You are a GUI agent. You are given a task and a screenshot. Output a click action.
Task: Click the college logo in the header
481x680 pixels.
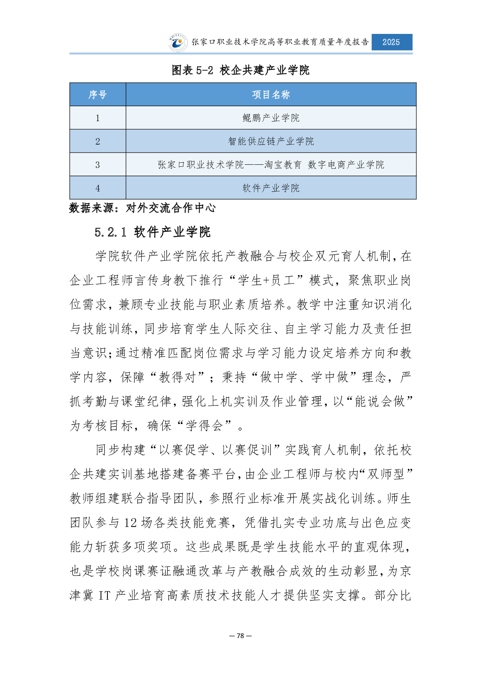click(178, 43)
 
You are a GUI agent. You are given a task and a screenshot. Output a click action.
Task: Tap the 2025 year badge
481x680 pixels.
click(391, 42)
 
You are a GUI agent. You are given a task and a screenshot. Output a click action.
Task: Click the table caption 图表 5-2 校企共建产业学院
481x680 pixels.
click(241, 70)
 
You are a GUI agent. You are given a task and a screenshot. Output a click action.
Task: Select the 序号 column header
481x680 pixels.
click(98, 94)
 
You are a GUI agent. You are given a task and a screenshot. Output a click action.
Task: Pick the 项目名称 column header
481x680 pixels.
click(271, 94)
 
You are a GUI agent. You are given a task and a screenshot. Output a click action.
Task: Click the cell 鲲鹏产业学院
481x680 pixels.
click(271, 118)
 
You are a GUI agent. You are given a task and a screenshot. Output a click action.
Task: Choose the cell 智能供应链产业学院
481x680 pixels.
click(271, 141)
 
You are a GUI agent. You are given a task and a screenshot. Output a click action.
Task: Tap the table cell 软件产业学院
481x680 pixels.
click(271, 188)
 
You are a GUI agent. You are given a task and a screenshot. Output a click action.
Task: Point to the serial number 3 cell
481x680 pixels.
click(98, 165)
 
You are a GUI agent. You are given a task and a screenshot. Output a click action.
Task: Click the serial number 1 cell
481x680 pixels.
click(98, 118)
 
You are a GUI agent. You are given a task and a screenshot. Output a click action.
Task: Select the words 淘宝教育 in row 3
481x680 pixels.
click(283, 165)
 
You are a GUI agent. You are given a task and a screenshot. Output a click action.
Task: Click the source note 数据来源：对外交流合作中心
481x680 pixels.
click(143, 208)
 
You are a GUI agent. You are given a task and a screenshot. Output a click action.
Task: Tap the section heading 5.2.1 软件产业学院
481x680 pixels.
click(153, 232)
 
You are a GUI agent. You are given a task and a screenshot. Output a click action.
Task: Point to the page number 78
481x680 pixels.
click(240, 636)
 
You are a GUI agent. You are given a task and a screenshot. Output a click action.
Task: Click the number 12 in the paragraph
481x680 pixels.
click(130, 523)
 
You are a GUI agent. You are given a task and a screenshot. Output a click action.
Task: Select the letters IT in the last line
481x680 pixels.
click(104, 596)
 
